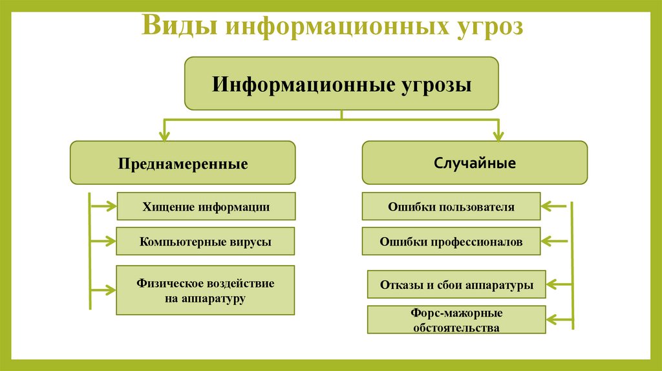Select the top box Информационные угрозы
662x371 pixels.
[x=342, y=83]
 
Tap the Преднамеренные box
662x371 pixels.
[x=182, y=163]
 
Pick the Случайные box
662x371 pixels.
[x=475, y=163]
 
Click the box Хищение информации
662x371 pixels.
[x=206, y=207]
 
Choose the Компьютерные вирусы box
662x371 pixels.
[x=206, y=242]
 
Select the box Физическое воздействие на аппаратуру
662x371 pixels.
[x=206, y=290]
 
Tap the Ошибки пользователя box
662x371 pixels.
[x=451, y=207]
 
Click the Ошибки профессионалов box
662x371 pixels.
[x=451, y=242]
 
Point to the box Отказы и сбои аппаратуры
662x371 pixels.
[x=456, y=284]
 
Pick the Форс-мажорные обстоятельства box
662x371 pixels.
[x=456, y=320]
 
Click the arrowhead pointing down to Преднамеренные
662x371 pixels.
[x=165, y=136]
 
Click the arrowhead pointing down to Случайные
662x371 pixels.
[x=497, y=136]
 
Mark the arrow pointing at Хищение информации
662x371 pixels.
[x=103, y=207]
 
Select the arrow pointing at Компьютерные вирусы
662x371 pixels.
[x=103, y=241]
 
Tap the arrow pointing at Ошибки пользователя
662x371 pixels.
[x=553, y=207]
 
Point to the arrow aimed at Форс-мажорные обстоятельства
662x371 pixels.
[x=559, y=319]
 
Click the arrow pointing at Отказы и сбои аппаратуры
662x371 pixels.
[x=559, y=284]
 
